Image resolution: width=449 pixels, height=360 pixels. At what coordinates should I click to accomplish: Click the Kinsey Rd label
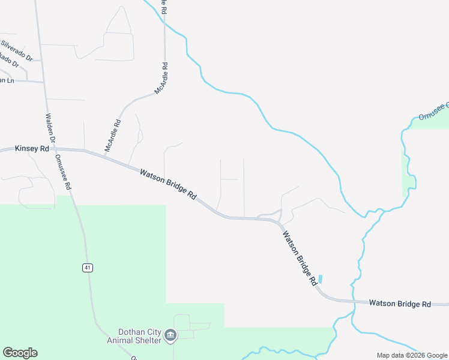[32, 148]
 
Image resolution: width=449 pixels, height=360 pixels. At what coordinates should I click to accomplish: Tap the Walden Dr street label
[50, 128]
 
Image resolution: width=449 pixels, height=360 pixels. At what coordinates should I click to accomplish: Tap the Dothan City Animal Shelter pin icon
[170, 334]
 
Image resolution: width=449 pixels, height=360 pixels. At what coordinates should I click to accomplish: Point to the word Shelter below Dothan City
[147, 341]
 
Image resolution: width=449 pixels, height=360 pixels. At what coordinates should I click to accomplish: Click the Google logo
[20, 353]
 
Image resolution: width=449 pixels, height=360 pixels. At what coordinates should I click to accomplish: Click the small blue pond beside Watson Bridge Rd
[320, 279]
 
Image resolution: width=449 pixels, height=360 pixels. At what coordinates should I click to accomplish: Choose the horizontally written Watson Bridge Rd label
[400, 304]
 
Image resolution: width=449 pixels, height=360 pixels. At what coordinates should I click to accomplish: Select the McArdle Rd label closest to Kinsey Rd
[113, 136]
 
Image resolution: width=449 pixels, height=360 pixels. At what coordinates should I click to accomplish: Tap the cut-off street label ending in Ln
[7, 80]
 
